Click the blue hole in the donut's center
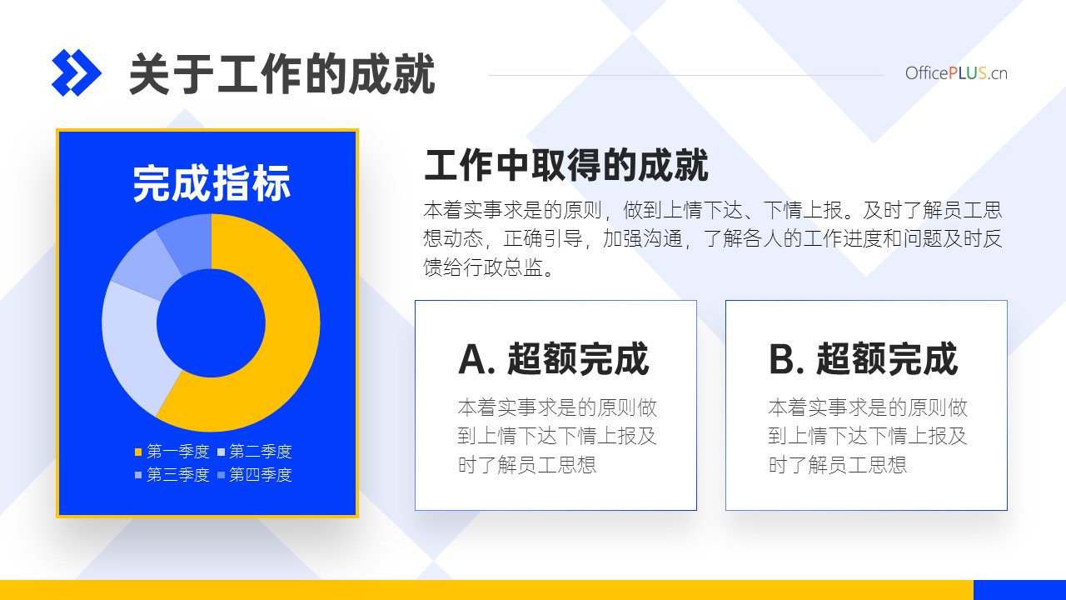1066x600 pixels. pos(211,322)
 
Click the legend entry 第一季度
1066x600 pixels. pos(172,451)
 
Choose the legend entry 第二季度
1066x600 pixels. pos(255,451)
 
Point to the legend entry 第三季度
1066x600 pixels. pos(172,474)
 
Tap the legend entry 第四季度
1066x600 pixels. pos(255,474)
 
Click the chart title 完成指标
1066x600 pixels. pos(212,183)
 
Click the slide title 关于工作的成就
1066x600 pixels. pos(282,74)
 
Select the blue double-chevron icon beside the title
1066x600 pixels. pos(76,72)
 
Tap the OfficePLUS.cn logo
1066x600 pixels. pos(956,73)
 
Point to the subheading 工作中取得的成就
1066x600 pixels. pos(565,165)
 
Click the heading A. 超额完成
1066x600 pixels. pos(554,359)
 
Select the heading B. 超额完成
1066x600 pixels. pos(864,359)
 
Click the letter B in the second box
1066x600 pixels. pos(782,359)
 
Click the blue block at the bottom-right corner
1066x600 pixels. pos(1020,590)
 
